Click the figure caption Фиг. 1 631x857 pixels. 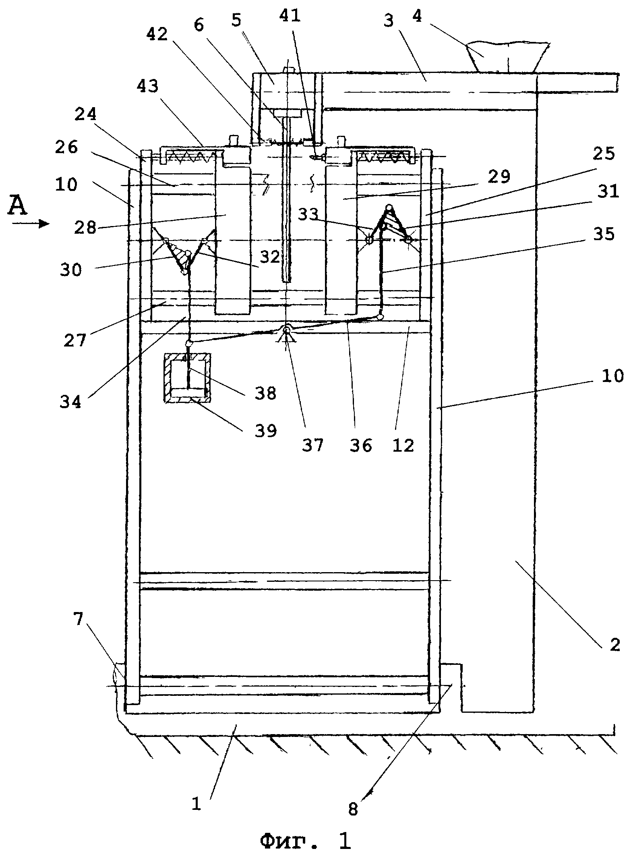[305, 841]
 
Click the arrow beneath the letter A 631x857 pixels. [30, 224]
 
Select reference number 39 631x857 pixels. [265, 431]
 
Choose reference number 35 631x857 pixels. [604, 234]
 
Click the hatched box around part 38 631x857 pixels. [187, 378]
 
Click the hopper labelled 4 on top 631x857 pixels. [508, 57]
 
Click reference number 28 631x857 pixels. [86, 228]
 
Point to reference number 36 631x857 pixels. [361, 445]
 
